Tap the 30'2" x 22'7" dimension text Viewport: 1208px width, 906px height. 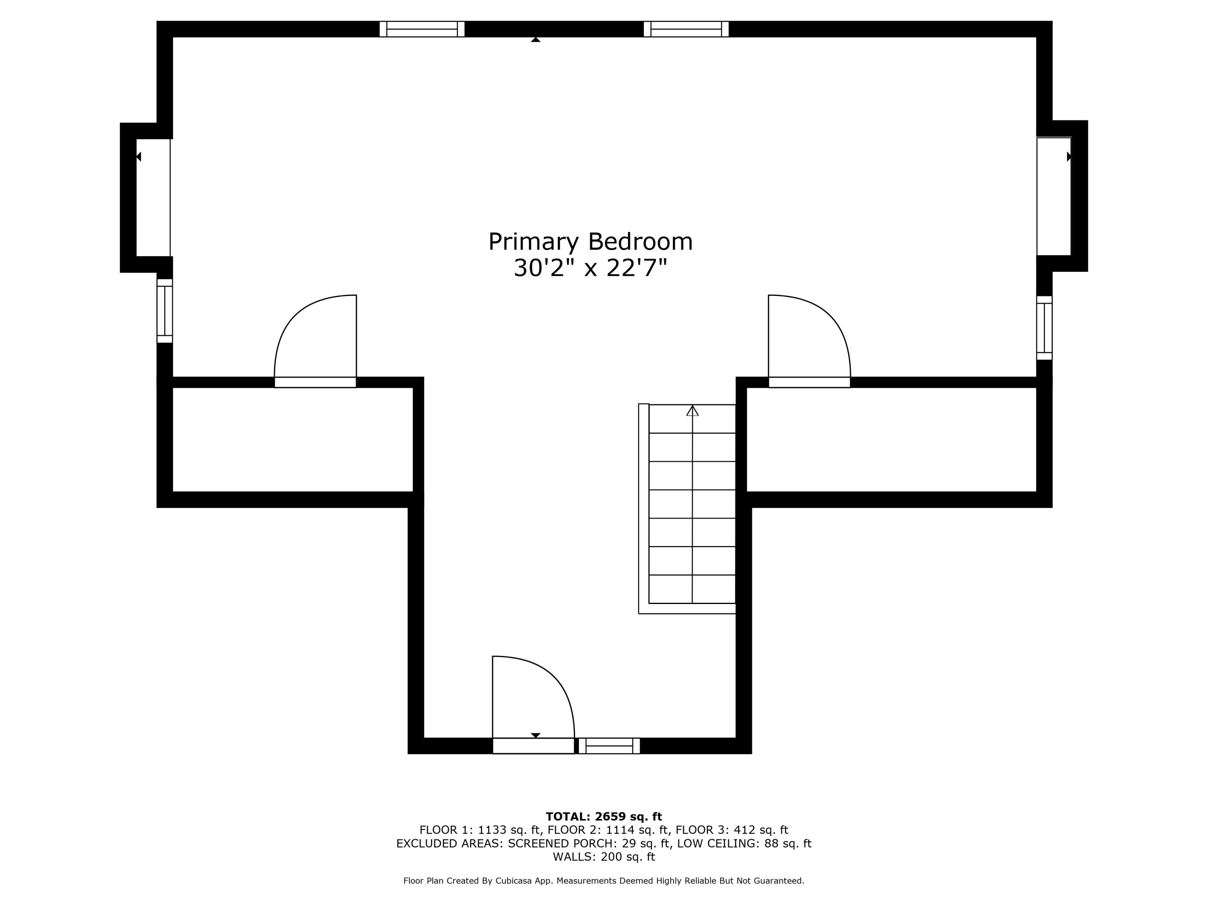pos(590,268)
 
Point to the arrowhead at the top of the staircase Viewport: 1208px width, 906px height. pos(693,410)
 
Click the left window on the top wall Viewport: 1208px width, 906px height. pos(422,29)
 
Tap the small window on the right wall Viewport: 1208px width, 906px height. pos(1044,328)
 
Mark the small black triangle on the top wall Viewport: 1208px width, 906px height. pos(536,39)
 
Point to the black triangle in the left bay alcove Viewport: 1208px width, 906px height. pos(139,157)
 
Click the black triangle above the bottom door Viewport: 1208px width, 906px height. pos(536,735)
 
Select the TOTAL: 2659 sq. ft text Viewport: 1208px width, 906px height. pos(604,817)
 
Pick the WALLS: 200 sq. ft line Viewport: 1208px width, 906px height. pos(604,857)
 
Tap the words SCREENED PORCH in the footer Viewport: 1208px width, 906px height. pos(561,843)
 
